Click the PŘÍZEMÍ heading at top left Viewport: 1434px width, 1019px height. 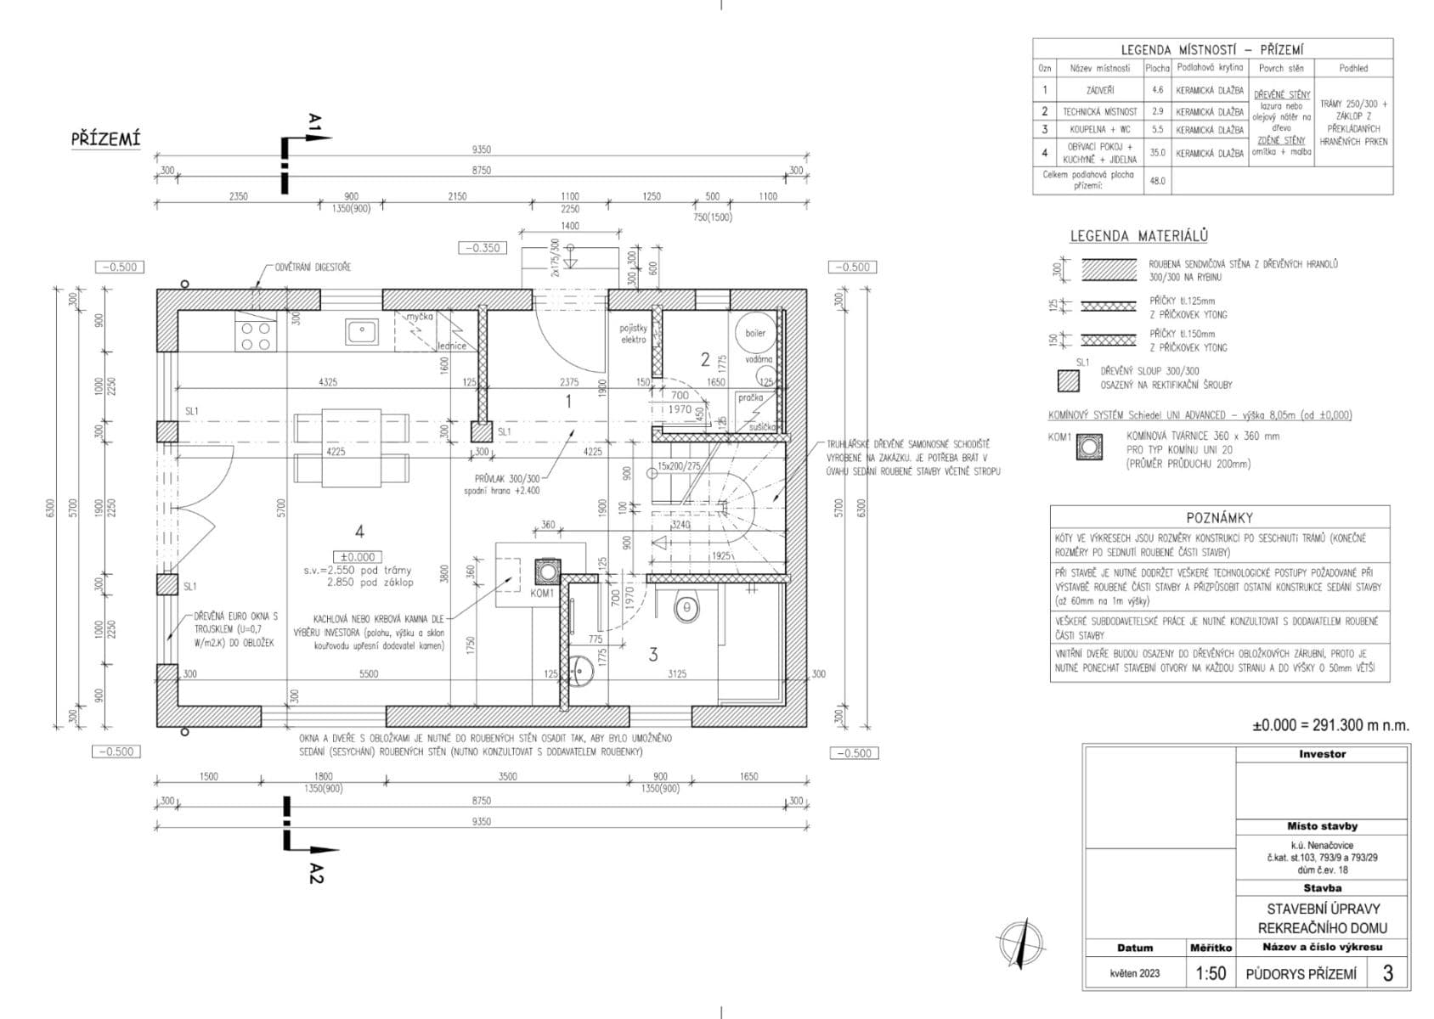(105, 139)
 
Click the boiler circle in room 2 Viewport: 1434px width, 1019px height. (755, 333)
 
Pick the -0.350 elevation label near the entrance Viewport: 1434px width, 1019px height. (480, 248)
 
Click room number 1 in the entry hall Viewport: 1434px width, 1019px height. (568, 401)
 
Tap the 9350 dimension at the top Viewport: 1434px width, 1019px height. (481, 149)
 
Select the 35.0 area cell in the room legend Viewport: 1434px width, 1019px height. (1157, 153)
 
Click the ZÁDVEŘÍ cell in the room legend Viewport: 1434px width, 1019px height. (1099, 89)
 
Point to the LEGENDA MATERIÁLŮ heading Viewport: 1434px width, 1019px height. (1138, 236)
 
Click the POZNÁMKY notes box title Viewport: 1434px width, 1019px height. (1219, 517)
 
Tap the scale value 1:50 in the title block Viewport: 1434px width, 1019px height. (1211, 973)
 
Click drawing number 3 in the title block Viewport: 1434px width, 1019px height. (1387, 973)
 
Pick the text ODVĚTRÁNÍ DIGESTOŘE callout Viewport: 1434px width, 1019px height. (312, 267)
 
